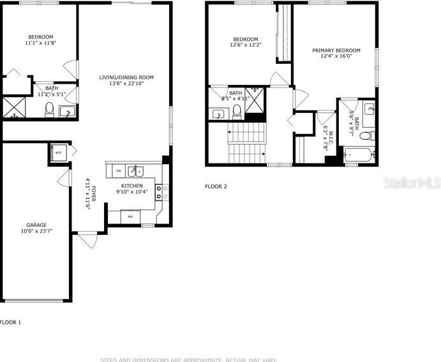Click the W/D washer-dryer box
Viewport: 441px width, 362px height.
pyautogui.click(x=57, y=153)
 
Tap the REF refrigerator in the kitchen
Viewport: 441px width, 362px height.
pyautogui.click(x=131, y=217)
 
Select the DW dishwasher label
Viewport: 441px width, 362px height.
pyautogui.click(x=119, y=171)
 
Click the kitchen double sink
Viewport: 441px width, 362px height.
pyautogui.click(x=135, y=170)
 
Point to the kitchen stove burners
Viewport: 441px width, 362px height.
pyautogui.click(x=159, y=192)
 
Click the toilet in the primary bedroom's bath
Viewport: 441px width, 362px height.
pyautogui.click(x=365, y=135)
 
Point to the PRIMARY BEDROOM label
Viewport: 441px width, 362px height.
pyautogui.click(x=336, y=50)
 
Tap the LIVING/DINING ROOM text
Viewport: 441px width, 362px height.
pyautogui.click(x=126, y=77)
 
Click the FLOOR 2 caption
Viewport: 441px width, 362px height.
pyautogui.click(x=215, y=186)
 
